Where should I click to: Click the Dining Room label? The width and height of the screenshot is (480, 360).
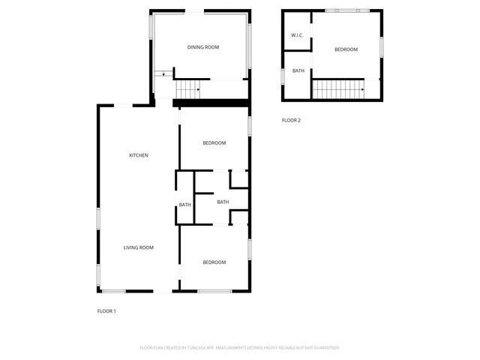tap(202, 47)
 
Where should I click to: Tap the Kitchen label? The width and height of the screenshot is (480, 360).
tap(139, 155)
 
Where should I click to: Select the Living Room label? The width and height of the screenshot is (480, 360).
tap(139, 247)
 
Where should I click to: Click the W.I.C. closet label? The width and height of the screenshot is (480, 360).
tap(297, 36)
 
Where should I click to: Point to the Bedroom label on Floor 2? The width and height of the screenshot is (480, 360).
tap(346, 49)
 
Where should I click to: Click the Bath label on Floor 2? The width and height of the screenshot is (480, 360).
tap(298, 71)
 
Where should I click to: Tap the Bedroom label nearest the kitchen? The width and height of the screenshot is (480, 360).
tap(214, 142)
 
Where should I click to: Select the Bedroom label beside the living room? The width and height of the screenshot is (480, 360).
tap(214, 262)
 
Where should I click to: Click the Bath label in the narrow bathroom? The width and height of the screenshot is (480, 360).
tap(184, 205)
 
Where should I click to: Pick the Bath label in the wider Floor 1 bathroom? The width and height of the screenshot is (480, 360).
tap(223, 202)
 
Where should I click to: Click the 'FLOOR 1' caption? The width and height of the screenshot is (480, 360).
tap(106, 310)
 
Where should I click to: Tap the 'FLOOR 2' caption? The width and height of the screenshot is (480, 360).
tap(291, 120)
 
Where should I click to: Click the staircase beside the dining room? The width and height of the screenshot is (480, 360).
tap(189, 90)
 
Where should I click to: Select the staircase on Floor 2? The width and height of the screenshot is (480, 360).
tap(337, 90)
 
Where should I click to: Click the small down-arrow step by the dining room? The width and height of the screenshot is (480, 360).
tap(163, 73)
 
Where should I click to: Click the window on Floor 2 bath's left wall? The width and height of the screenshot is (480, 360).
tap(282, 76)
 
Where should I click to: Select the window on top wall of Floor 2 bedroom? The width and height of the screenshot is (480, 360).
tap(342, 10)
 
